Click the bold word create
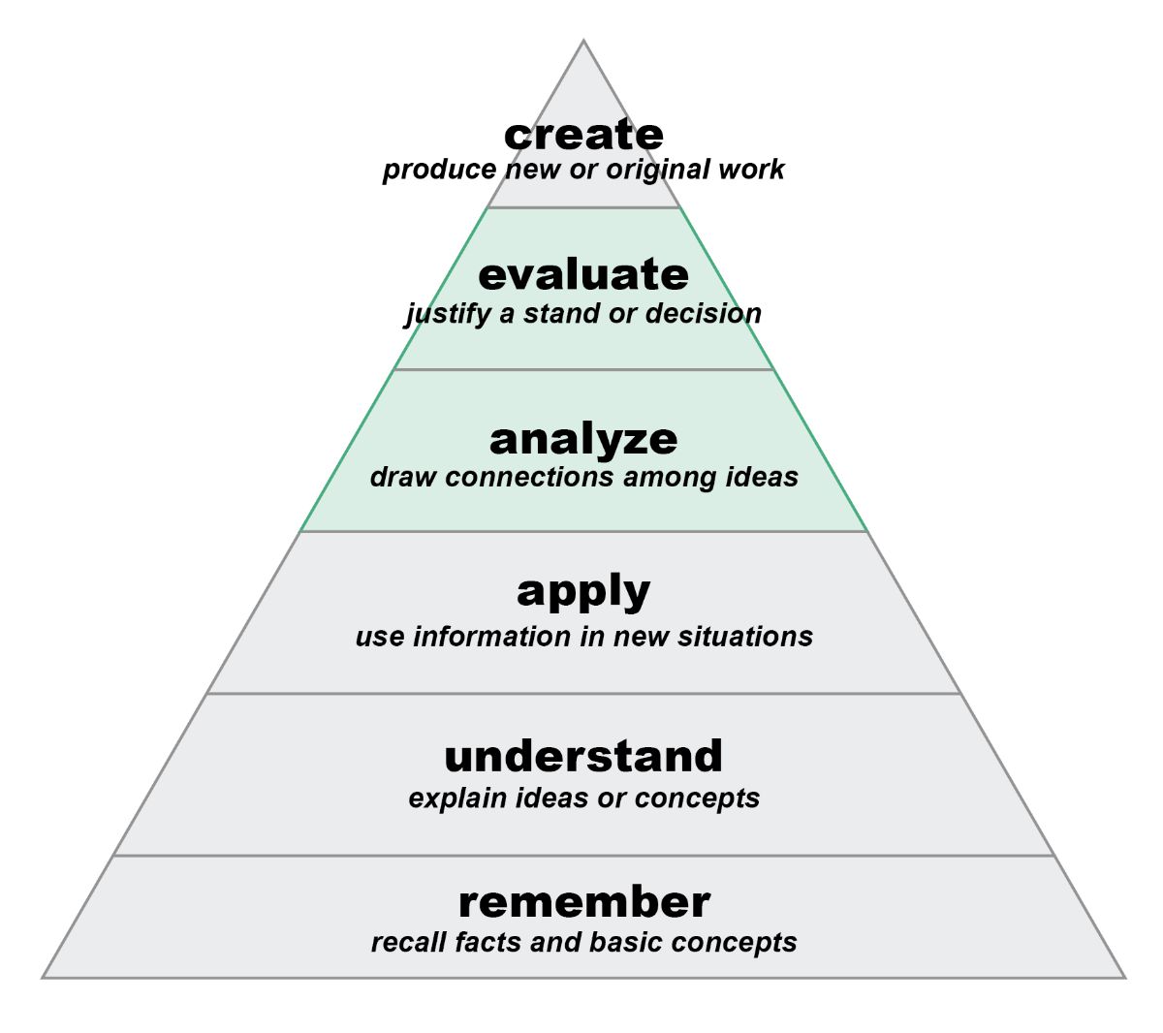583,135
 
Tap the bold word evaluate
583,274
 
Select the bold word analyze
583,439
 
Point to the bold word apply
583,591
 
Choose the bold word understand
583,756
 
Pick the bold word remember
583,902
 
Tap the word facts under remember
487,942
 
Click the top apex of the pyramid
583,41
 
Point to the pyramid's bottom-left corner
44,977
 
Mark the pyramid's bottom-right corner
1124,977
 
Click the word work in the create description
751,170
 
